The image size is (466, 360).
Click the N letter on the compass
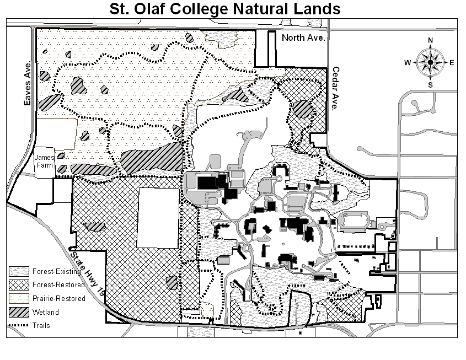tap(431, 40)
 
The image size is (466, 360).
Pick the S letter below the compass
tap(431, 85)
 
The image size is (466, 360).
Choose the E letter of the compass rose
tap(452, 63)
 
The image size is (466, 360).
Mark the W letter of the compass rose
tap(408, 63)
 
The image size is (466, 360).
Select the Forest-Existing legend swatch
tap(18, 271)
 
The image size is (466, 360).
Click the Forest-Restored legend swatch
tap(18, 285)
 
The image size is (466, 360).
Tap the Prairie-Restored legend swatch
tap(18, 299)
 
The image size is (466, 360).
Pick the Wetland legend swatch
tap(18, 312)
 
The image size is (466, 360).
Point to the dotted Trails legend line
tap(18, 326)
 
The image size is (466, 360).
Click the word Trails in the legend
tap(41, 326)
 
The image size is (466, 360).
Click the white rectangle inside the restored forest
tap(158, 218)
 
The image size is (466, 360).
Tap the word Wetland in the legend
tap(46, 312)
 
